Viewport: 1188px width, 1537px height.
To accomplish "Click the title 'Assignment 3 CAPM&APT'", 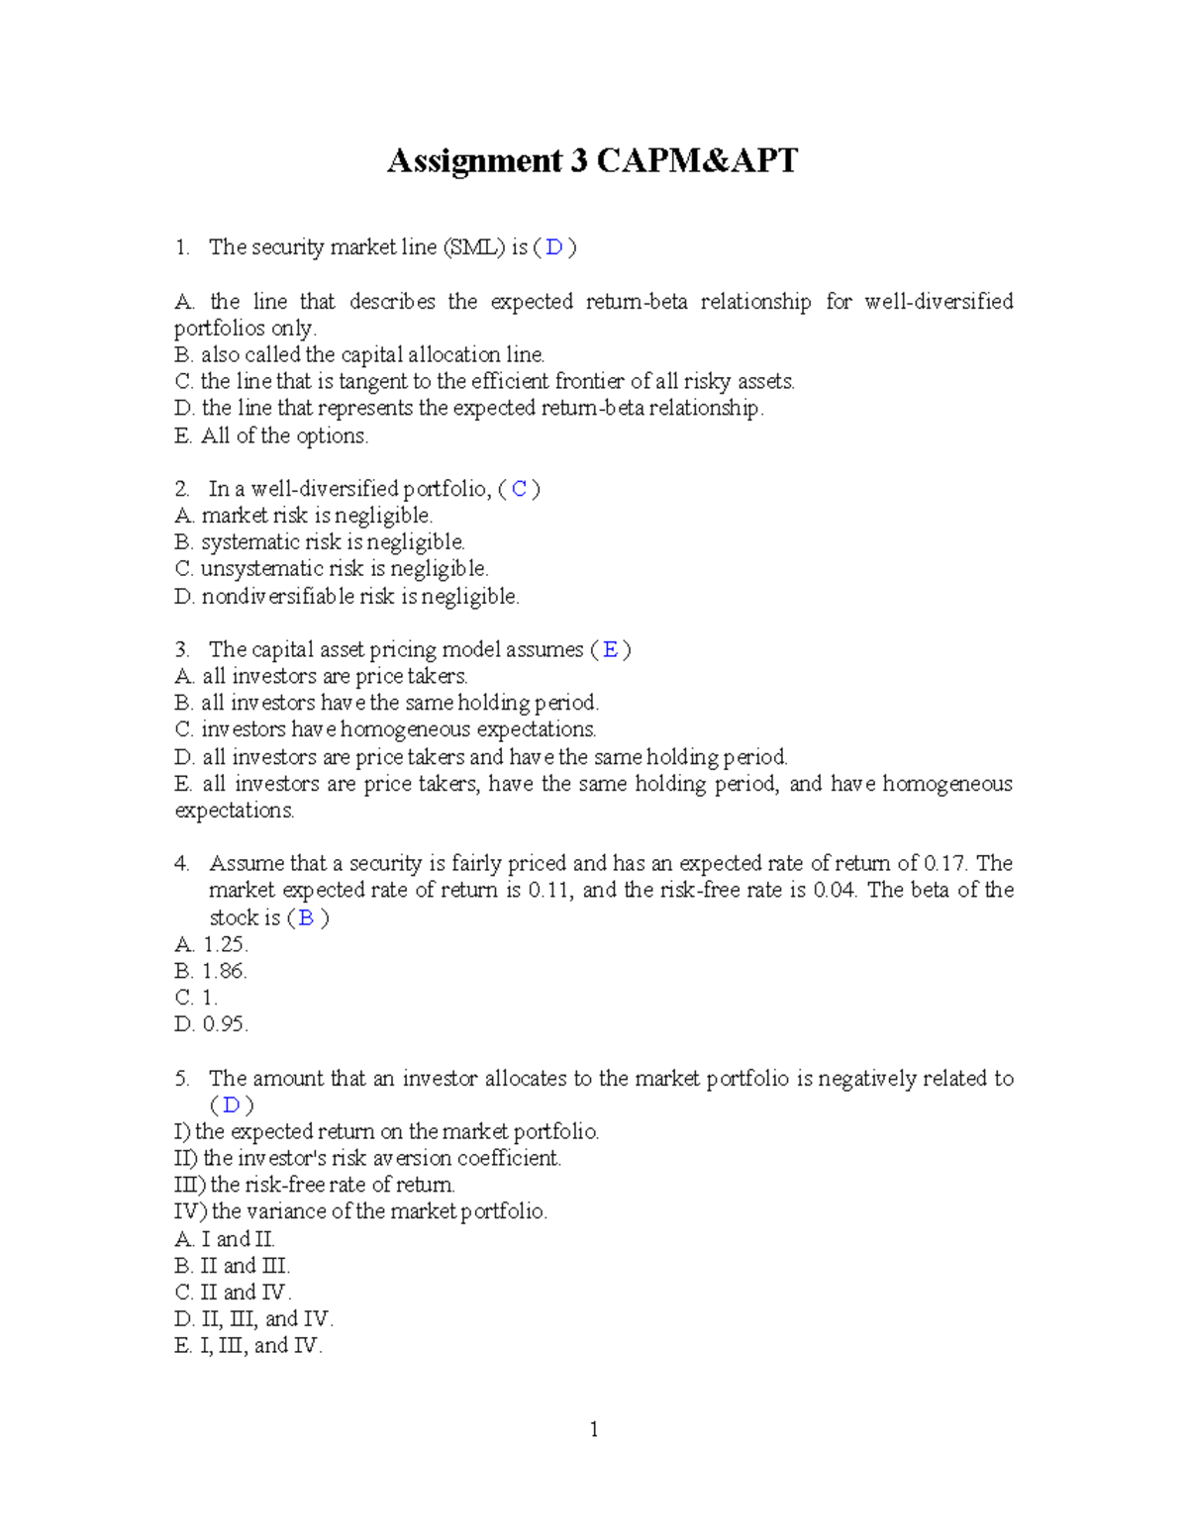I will click(592, 160).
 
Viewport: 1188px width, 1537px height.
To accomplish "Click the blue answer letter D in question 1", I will click(554, 247).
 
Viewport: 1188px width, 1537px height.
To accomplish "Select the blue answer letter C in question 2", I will click(520, 489).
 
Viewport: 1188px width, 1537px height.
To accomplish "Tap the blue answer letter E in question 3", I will click(611, 650).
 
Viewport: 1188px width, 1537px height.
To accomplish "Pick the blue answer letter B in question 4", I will click(307, 918).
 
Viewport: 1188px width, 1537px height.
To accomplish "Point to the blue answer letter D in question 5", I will click(231, 1105).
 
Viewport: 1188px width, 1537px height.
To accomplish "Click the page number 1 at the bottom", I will click(594, 1429).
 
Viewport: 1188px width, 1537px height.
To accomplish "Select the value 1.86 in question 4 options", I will click(225, 972).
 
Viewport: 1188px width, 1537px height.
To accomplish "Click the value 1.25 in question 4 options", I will click(225, 945).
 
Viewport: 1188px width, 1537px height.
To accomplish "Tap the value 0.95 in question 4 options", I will click(225, 1025).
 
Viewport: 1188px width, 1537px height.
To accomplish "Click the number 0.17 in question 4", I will click(943, 864).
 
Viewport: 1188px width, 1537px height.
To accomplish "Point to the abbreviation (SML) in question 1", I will click(474, 247).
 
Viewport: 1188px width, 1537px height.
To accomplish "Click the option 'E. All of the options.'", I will click(271, 436).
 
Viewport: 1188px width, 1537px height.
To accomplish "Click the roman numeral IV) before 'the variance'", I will click(191, 1212).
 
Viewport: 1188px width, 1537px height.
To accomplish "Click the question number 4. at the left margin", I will click(182, 864).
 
